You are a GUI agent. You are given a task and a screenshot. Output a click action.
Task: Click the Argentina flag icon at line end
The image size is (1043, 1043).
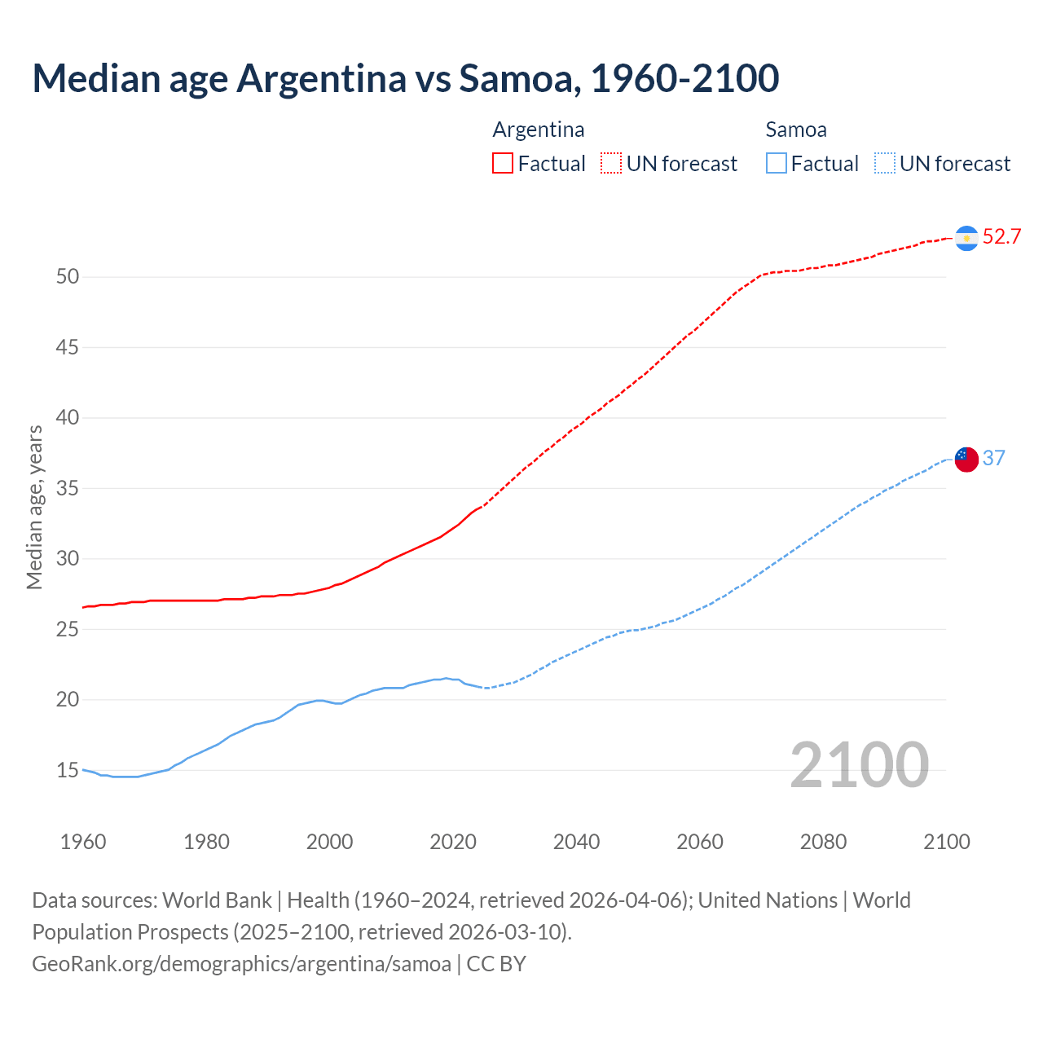pyautogui.click(x=966, y=238)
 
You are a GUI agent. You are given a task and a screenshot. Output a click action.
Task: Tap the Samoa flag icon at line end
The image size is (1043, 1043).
pyautogui.click(x=966, y=459)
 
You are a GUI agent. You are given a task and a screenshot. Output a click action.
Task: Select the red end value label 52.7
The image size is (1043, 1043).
pyautogui.click(x=1001, y=237)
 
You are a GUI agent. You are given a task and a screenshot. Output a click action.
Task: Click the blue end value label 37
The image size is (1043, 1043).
pyautogui.click(x=993, y=458)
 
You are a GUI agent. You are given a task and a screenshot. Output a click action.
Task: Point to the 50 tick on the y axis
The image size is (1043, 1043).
pyautogui.click(x=68, y=277)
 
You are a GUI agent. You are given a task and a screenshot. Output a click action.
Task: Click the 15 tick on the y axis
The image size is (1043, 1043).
pyautogui.click(x=68, y=770)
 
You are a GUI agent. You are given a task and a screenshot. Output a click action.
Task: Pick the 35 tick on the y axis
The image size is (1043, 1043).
pyautogui.click(x=68, y=489)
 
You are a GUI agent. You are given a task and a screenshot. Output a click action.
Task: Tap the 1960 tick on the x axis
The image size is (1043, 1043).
pyautogui.click(x=83, y=842)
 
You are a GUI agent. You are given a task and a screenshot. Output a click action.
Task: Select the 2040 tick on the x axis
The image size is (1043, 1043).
pyautogui.click(x=576, y=842)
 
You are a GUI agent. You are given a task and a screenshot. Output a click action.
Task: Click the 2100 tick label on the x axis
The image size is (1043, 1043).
pyautogui.click(x=947, y=842)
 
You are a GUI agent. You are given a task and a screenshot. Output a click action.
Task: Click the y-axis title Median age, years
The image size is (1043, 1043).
pyautogui.click(x=34, y=507)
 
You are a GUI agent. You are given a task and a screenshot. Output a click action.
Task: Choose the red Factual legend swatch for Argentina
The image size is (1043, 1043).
pyautogui.click(x=503, y=163)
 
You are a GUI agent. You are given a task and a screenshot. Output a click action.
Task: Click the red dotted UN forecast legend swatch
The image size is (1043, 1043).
pyautogui.click(x=611, y=163)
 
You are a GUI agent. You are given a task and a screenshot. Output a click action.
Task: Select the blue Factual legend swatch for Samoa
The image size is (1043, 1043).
pyautogui.click(x=777, y=163)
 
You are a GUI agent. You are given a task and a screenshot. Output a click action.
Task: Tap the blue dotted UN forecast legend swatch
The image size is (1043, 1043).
pyautogui.click(x=885, y=163)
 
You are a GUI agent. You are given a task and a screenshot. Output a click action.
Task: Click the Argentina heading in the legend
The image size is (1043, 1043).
pyautogui.click(x=539, y=130)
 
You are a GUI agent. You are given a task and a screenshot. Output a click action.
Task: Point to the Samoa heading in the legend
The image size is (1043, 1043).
pyautogui.click(x=796, y=130)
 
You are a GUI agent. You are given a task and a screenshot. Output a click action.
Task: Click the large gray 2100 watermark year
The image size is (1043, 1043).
pyautogui.click(x=860, y=765)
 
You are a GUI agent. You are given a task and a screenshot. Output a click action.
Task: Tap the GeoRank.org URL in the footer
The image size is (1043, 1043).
pyautogui.click(x=241, y=964)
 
